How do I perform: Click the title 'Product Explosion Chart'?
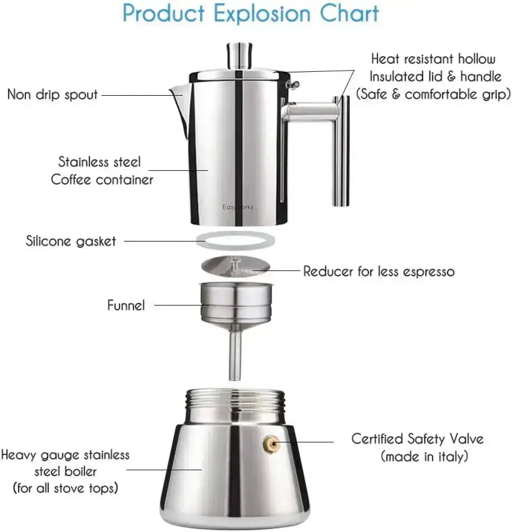click(x=251, y=13)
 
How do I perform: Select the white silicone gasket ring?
click(x=236, y=241)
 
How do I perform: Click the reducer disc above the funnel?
click(x=236, y=266)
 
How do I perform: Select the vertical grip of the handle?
click(x=341, y=150)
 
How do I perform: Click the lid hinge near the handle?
click(x=292, y=84)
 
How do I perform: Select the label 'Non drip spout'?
click(x=52, y=94)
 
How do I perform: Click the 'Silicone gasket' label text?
click(x=71, y=241)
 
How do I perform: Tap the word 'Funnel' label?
click(x=126, y=305)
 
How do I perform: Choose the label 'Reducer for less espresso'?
click(x=379, y=272)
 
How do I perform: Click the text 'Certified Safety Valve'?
click(x=417, y=439)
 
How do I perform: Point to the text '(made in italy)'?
click(x=424, y=457)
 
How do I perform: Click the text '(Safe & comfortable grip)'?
click(x=433, y=94)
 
